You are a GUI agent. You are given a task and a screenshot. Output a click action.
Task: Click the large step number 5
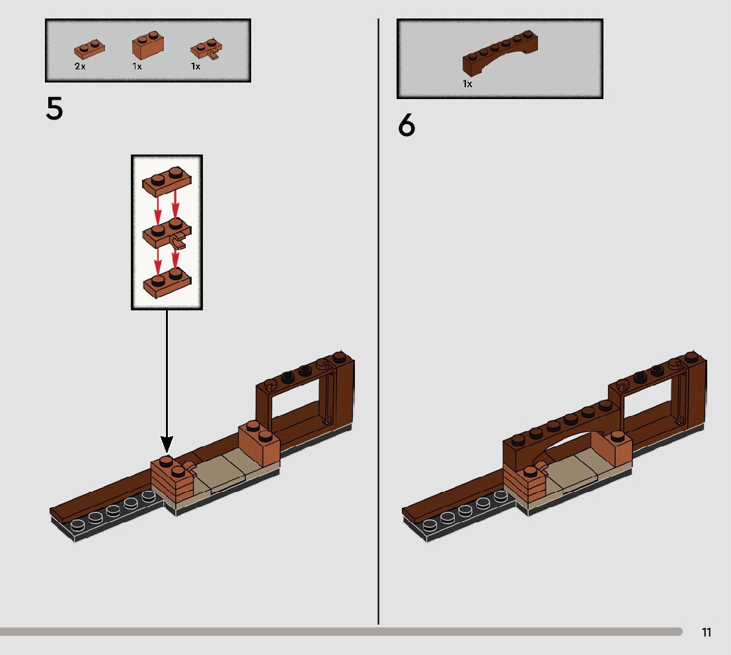pyautogui.click(x=54, y=110)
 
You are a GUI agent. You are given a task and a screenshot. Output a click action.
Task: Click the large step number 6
pyautogui.click(x=406, y=125)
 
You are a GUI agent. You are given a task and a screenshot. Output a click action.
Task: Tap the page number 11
pyautogui.click(x=707, y=633)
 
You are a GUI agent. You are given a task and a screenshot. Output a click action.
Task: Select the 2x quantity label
pyautogui.click(x=80, y=67)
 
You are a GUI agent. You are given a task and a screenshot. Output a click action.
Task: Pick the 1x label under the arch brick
pyautogui.click(x=467, y=84)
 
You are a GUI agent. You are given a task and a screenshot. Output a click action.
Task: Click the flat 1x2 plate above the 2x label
pyautogui.click(x=89, y=50)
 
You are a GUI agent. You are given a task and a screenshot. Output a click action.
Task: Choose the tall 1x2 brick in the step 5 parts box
pyautogui.click(x=148, y=47)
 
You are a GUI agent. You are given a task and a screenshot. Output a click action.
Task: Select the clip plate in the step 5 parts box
pyautogui.click(x=206, y=50)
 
